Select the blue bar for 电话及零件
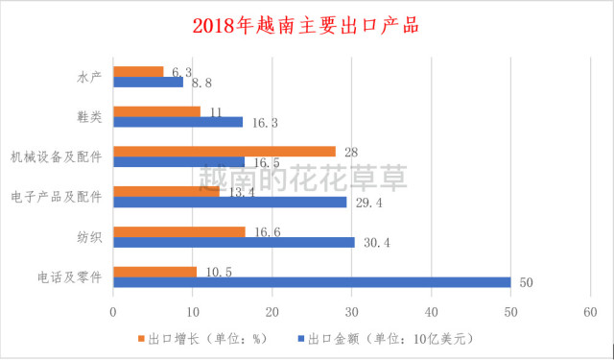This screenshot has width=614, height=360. coord(312,282)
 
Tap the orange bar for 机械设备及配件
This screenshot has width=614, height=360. coord(224,152)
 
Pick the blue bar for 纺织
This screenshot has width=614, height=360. coord(234,242)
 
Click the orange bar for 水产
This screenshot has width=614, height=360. coord(138,71)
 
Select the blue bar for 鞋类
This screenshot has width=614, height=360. coord(177,122)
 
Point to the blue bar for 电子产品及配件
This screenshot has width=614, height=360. coord(230,203)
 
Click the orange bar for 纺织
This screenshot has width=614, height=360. coord(179,231)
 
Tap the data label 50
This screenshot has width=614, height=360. coord(525,282)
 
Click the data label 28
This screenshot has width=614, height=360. coord(350,152)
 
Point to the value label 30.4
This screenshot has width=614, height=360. coord(376,243)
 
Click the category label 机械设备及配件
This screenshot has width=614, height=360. coord(57,156)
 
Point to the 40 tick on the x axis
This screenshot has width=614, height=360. coord(432,312)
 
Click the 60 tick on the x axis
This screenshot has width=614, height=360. coord(590,312)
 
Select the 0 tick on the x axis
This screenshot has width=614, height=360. coord(113,312)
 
